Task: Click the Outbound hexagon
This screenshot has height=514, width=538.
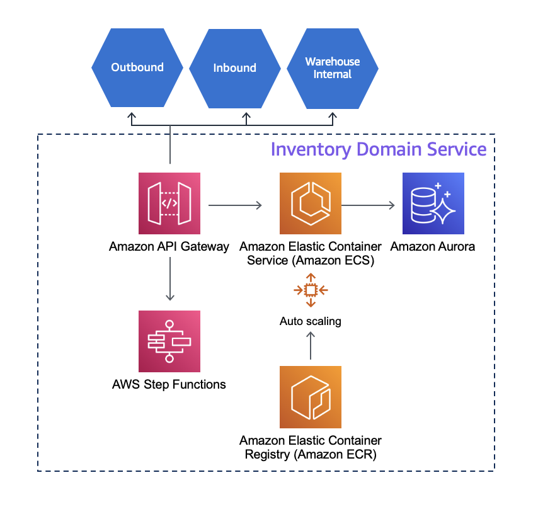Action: tap(137, 67)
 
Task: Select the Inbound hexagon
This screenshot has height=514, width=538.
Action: tap(234, 68)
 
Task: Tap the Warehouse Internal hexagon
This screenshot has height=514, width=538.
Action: tap(333, 68)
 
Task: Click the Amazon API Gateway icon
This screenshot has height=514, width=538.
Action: tap(169, 203)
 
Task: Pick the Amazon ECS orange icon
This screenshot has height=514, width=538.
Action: tap(311, 203)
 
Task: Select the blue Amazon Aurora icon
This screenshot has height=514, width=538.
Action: tap(433, 203)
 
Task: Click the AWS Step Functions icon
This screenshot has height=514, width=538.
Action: tap(169, 341)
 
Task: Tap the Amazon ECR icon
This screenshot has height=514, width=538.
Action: tap(311, 397)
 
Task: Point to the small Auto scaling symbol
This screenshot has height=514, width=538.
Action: tap(311, 290)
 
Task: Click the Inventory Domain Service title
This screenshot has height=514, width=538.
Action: tap(378, 149)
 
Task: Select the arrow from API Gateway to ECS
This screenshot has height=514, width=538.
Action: tap(235, 205)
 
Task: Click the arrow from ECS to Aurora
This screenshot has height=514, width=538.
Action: tap(369, 205)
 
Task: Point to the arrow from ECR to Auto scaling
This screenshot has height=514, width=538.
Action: tap(311, 345)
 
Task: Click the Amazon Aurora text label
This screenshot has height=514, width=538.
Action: tap(433, 246)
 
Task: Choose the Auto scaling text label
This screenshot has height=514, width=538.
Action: tap(311, 321)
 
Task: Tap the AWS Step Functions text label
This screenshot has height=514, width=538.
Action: tap(169, 384)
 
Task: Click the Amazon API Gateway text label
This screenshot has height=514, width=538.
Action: tap(169, 246)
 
